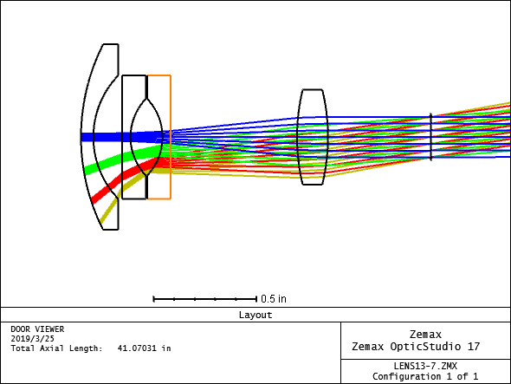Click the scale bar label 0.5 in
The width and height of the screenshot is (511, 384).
point(274,299)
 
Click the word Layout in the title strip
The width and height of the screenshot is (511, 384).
point(255,315)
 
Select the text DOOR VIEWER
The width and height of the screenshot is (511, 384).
point(37,329)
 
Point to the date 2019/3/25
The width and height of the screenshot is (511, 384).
point(32,339)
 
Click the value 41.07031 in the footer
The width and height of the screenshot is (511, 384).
point(137,348)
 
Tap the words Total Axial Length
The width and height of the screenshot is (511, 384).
point(56,348)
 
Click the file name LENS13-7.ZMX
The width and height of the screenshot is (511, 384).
point(425,366)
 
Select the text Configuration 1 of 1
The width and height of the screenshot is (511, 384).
point(425,376)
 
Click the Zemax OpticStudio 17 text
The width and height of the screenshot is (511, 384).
point(416,346)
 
